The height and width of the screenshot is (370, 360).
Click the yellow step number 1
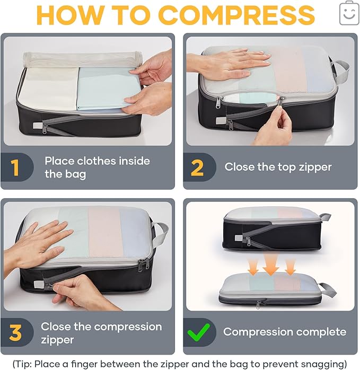(15, 168)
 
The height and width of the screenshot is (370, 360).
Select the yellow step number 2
(197, 168)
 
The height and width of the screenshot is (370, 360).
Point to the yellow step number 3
(15, 333)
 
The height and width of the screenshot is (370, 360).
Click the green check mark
(198, 332)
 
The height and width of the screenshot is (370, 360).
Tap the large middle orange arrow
(271, 265)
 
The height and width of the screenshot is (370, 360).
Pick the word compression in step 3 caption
(128, 327)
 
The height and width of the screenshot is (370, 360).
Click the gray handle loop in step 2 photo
(341, 71)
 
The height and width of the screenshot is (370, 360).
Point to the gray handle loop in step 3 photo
(161, 234)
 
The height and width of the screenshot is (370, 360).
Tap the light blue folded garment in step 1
(108, 89)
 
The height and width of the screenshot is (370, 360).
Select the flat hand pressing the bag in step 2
(228, 64)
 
